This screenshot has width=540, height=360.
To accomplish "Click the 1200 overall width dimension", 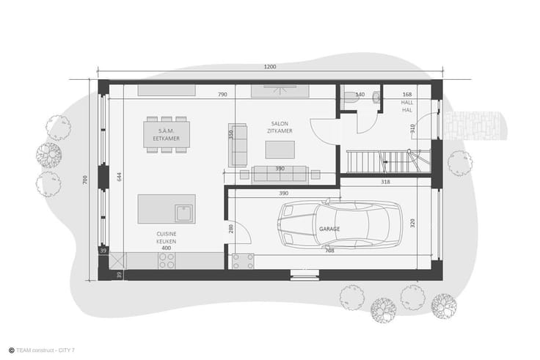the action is tap(270, 67).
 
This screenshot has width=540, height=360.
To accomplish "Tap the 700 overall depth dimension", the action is tap(85, 180).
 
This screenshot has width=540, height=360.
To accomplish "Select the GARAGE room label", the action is tap(329, 229).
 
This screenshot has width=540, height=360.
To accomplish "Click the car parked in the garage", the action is tap(339, 224).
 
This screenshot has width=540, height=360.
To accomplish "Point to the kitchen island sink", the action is tap(184, 213).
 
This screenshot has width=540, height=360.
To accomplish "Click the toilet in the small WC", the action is tap(351, 97).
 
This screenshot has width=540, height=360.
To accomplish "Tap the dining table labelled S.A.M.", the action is tap(167, 135).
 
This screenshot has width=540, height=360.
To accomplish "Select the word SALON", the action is tap(280, 124).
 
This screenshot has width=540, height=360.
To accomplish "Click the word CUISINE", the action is tap(167, 234).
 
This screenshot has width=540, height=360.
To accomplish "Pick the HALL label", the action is tap(407, 103).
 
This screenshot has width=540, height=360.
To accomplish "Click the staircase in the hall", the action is tap(388, 161).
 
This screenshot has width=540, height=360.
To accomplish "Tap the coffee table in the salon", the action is tap(280, 150).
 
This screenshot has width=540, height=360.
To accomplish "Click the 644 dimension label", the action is tap(119, 177).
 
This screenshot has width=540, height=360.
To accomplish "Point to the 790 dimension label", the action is tap(222, 95).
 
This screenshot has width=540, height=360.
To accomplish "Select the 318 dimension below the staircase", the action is tap(385, 182).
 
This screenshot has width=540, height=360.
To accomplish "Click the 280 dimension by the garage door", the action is tap(230, 229).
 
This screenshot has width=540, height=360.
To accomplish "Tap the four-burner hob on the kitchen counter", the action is tap(167, 261).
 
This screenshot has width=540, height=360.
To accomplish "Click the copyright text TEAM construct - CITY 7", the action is tap(45, 350).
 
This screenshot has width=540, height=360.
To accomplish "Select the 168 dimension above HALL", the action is tap(407, 95).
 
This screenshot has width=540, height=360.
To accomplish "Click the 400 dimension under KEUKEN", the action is tap(166, 248).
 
